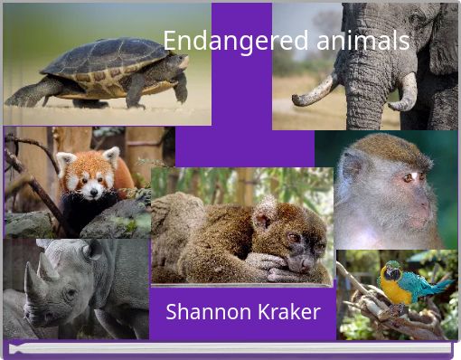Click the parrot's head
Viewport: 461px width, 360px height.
392,270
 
